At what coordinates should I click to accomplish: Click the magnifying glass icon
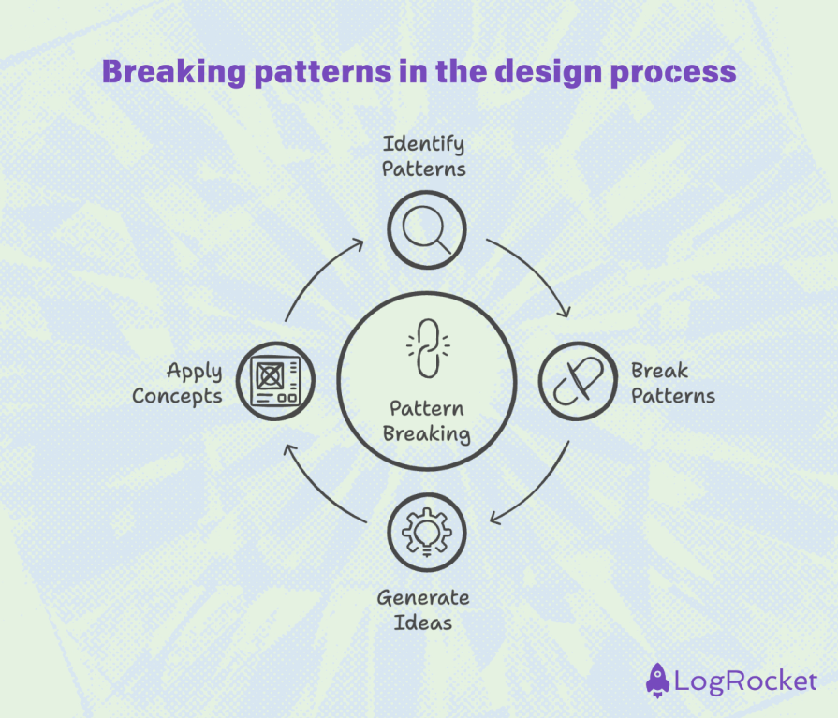426,229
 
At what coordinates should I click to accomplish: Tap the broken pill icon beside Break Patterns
577,381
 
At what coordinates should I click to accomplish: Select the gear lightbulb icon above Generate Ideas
426,531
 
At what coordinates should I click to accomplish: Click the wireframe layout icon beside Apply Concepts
275,381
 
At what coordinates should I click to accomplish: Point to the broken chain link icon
426,348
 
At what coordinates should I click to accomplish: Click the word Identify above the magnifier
423,145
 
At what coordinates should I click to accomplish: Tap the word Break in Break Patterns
659,371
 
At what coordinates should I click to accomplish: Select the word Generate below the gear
423,597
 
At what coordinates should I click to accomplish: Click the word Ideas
423,623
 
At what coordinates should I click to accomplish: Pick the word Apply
195,373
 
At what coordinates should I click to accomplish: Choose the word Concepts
177,396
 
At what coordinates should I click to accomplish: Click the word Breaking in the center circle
426,433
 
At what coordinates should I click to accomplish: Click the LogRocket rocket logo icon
658,680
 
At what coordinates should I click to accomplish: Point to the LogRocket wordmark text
745,681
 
